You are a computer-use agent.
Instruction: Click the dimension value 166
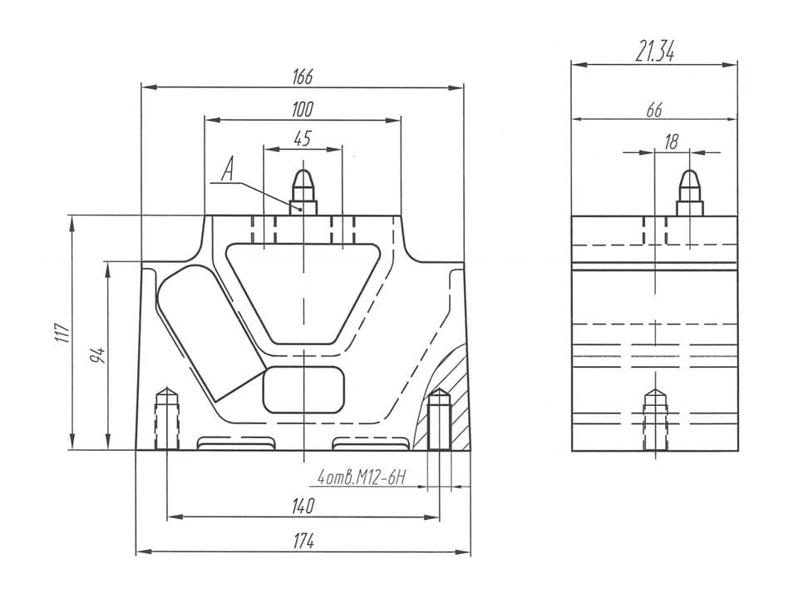pos(302,77)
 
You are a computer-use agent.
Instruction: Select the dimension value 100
pos(302,109)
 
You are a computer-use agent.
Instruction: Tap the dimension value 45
pos(302,138)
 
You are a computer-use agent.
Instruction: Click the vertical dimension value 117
pos(61,333)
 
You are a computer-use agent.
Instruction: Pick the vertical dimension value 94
pos(97,355)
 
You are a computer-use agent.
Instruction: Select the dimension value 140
pos(303,506)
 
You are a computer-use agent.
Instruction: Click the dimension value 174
pos(303,541)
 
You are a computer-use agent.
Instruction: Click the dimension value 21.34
pos(654,53)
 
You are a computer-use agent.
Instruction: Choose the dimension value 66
pos(654,109)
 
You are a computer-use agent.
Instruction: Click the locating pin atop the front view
pos(303,191)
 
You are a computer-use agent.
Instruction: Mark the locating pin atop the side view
pos(689,191)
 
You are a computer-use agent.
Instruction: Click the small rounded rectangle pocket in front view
pos(303,389)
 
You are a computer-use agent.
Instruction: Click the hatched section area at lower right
pos(456,391)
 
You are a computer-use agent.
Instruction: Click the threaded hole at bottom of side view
pos(655,420)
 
